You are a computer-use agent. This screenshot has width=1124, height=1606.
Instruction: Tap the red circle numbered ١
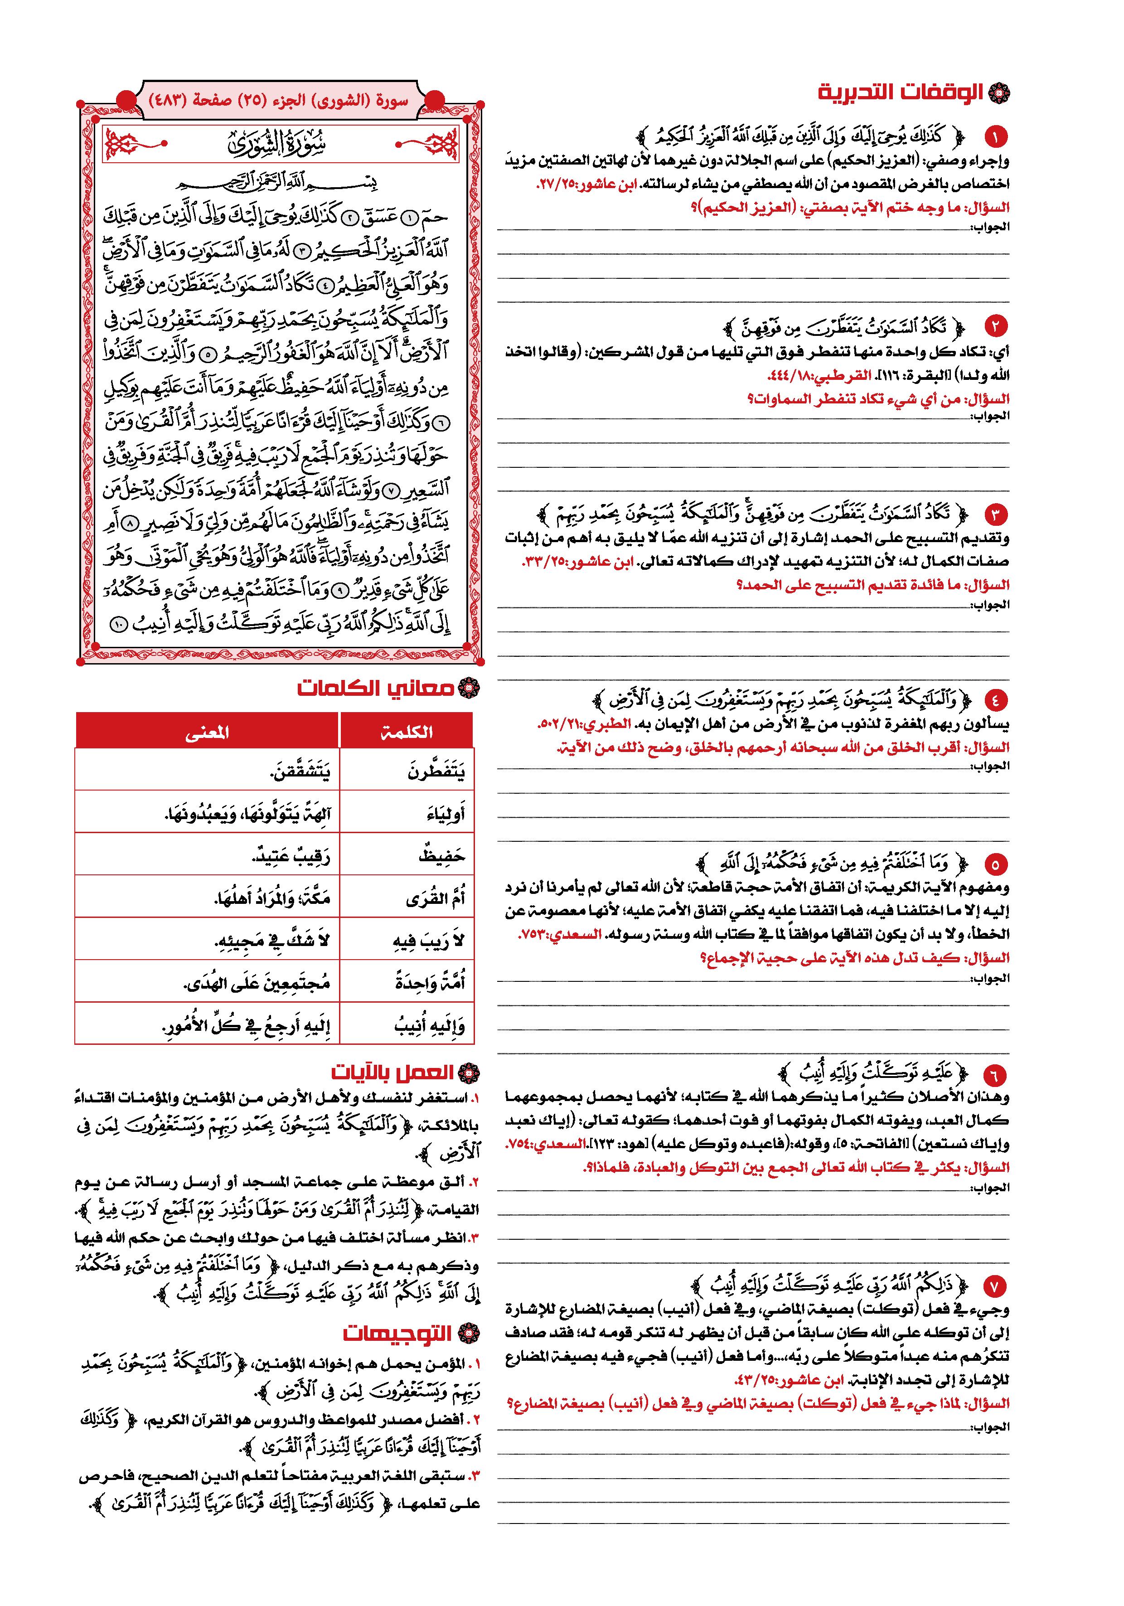[994, 136]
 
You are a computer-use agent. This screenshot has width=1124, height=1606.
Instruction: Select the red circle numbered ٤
[994, 699]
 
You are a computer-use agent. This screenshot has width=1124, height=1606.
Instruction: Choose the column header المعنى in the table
[207, 732]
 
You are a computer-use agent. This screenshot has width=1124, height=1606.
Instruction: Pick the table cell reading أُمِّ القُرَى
[435, 898]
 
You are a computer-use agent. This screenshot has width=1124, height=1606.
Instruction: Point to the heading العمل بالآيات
[392, 1073]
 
